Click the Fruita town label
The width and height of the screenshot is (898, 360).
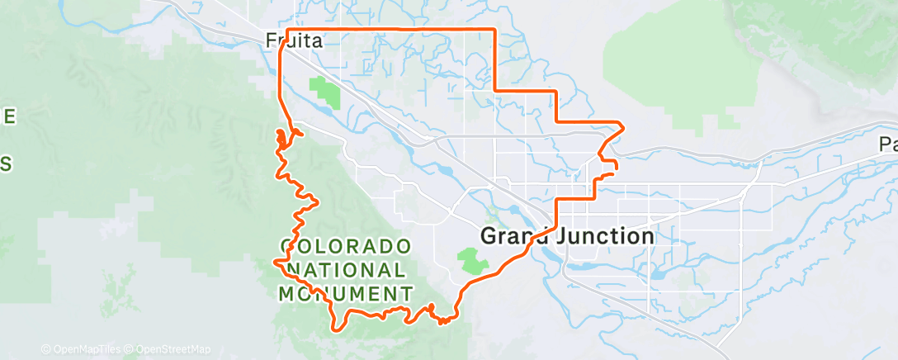(294, 39)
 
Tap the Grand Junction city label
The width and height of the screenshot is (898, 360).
(567, 236)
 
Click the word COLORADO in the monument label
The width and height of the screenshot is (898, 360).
(345, 246)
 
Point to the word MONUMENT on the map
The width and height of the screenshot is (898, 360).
(345, 293)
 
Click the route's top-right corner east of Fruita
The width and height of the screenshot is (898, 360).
(494, 30)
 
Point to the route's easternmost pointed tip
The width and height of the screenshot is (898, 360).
(622, 126)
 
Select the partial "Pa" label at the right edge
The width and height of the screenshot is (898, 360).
(888, 145)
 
